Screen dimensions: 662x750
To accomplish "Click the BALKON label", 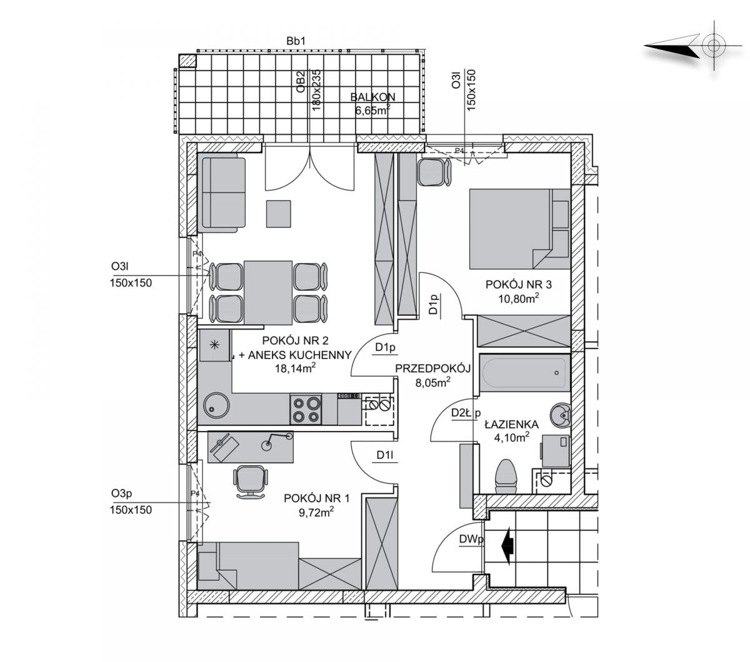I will (373, 97).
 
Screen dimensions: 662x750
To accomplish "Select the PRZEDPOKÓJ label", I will (432, 368).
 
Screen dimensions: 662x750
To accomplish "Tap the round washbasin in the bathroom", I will (559, 413).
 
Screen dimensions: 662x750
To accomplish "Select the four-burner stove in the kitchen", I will (306, 410).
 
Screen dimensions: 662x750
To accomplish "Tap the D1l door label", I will (384, 456).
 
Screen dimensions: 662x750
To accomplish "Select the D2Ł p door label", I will (465, 413).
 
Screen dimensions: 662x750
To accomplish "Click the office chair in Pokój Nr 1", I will (251, 480).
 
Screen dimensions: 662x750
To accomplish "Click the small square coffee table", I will (279, 214).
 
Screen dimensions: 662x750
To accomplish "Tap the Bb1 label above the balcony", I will (294, 41).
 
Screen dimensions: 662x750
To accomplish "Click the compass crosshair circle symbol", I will (712, 46).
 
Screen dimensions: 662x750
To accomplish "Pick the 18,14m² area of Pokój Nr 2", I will (296, 368).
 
